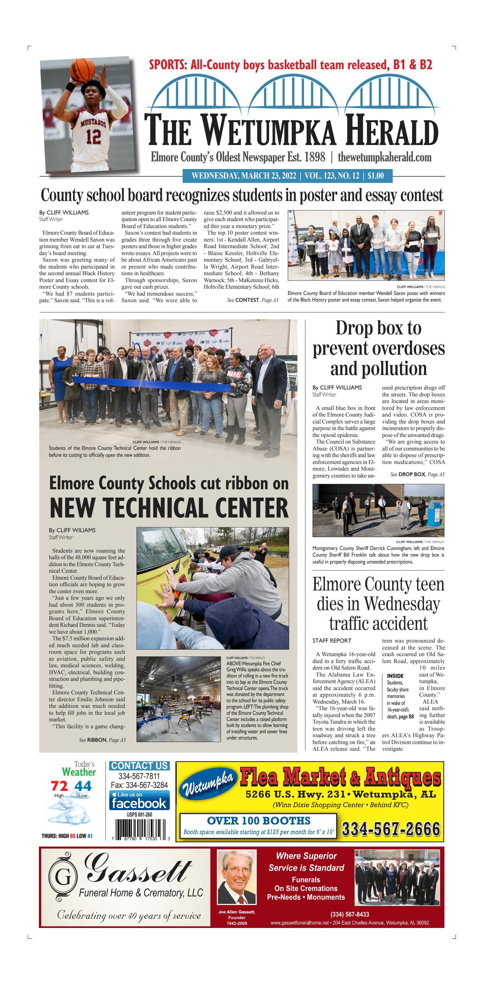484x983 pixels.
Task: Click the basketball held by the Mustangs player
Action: pyautogui.click(x=82, y=70)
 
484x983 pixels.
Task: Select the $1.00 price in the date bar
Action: pyautogui.click(x=376, y=176)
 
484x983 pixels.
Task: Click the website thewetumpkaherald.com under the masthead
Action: pyautogui.click(x=384, y=157)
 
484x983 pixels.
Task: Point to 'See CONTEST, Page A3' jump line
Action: pyautogui.click(x=252, y=300)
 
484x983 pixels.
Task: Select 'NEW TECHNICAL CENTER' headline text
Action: pyautogui.click(x=169, y=507)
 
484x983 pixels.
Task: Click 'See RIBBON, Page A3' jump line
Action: pyautogui.click(x=102, y=740)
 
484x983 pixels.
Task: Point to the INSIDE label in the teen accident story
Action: pyautogui.click(x=395, y=676)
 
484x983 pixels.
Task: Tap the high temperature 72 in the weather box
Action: pyautogui.click(x=59, y=786)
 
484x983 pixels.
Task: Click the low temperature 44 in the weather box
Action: pyautogui.click(x=83, y=786)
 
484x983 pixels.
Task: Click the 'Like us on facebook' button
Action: pyautogui.click(x=139, y=800)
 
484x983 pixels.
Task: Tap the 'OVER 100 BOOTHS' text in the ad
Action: pyautogui.click(x=258, y=821)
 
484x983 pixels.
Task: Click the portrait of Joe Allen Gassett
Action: pyautogui.click(x=237, y=878)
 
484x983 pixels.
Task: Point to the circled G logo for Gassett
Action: pyautogui.click(x=63, y=877)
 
